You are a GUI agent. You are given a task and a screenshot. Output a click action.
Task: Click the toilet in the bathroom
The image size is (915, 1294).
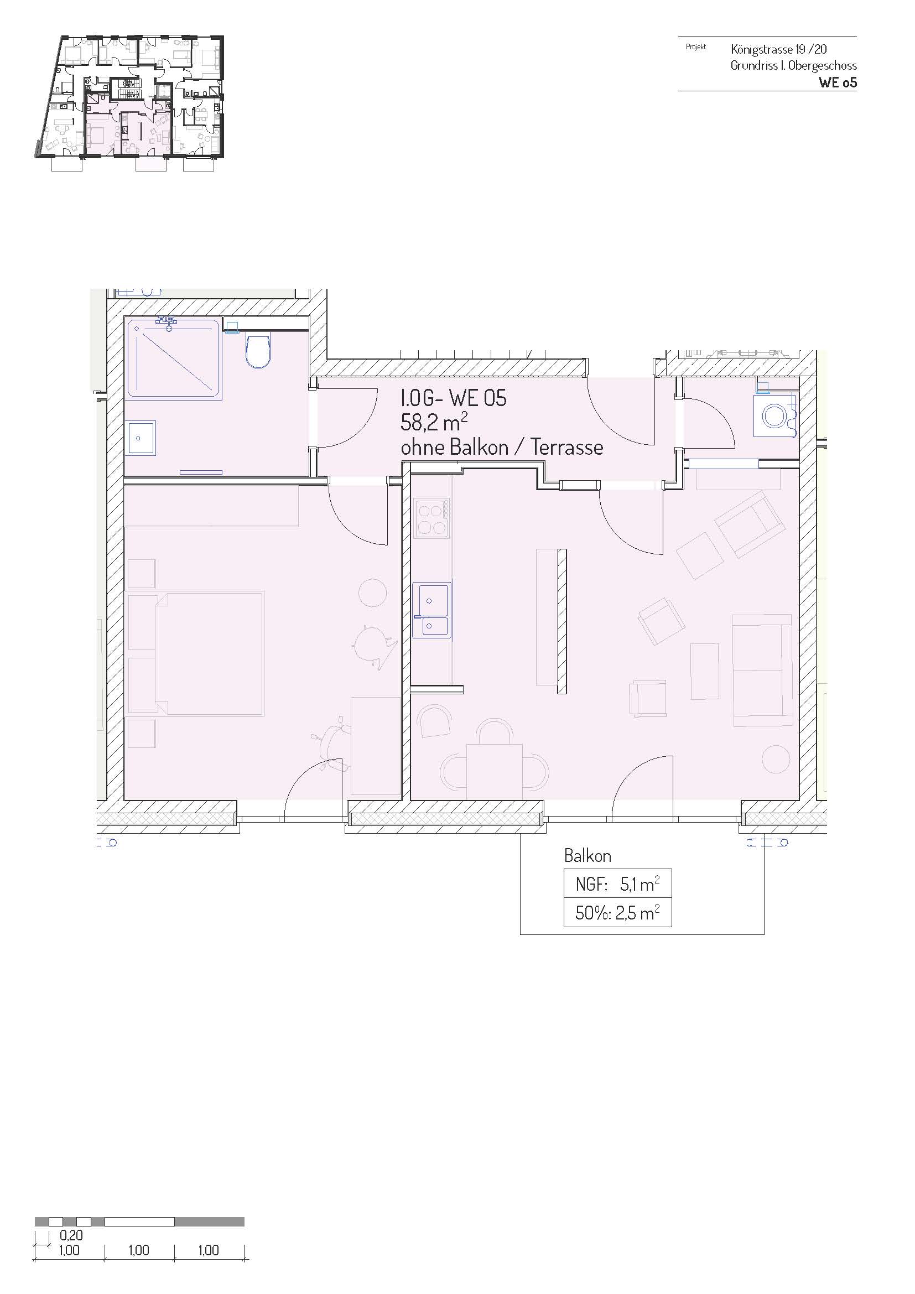(258, 351)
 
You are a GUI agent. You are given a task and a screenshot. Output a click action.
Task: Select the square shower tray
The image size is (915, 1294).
(174, 358)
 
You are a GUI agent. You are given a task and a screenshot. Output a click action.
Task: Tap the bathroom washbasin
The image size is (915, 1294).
(142, 438)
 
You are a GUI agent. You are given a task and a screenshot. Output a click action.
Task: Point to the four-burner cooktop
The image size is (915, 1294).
(431, 518)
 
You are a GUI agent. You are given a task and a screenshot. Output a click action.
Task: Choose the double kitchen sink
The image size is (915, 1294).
(431, 610)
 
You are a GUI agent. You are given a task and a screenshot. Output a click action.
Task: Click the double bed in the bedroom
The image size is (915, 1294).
(196, 653)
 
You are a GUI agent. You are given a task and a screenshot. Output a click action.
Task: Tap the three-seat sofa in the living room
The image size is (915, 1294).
(762, 670)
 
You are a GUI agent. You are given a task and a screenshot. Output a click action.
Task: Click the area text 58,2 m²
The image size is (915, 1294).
(434, 423)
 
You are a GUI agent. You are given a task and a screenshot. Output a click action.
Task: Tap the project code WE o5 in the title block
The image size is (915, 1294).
(838, 82)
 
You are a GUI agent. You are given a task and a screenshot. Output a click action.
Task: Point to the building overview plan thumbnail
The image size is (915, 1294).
(129, 102)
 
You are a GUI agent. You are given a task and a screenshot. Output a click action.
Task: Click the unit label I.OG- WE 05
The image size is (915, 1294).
(453, 398)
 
